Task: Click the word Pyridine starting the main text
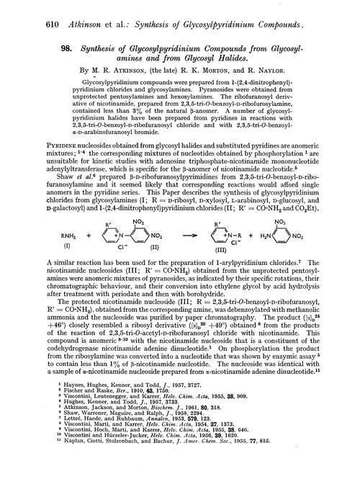(x=30, y=145)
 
